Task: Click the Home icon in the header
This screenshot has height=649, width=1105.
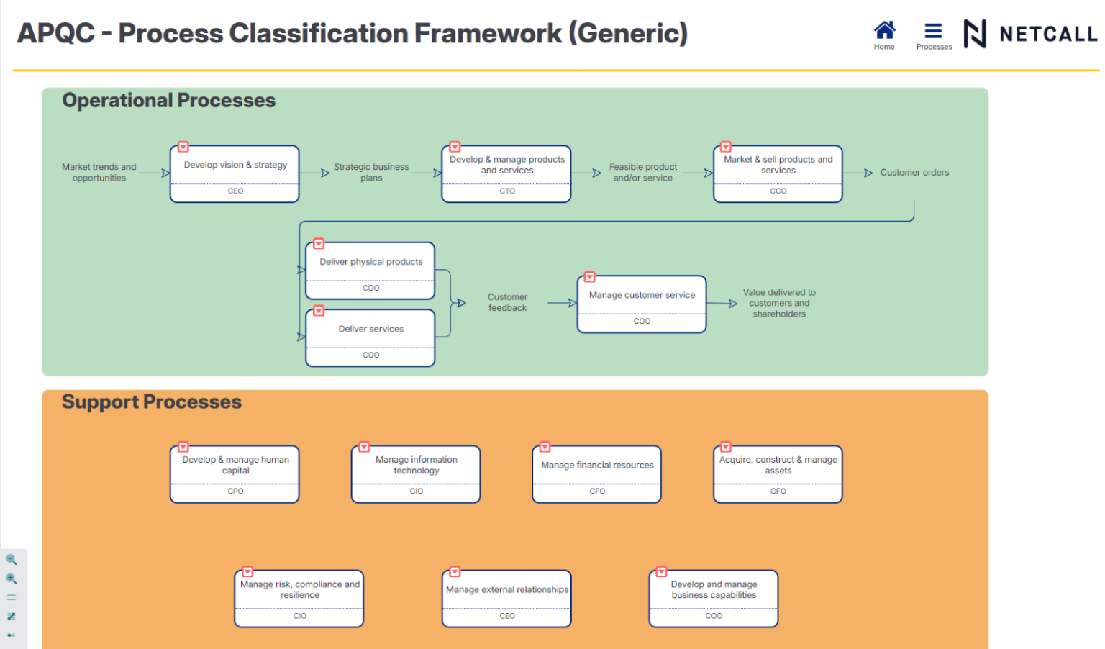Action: [884, 31]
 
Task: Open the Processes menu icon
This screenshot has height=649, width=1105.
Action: [933, 31]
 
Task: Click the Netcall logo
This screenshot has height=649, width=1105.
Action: [1030, 34]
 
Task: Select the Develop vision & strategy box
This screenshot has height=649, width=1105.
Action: [235, 165]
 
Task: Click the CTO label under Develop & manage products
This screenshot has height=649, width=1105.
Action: [507, 191]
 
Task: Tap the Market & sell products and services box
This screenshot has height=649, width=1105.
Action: [778, 165]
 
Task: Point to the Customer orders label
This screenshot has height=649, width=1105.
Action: [914, 173]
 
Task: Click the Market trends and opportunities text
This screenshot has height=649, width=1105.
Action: [99, 173]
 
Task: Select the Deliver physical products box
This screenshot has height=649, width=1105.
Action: [370, 263]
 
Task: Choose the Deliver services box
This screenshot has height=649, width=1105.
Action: [370, 330]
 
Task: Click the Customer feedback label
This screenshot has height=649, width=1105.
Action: [507, 302]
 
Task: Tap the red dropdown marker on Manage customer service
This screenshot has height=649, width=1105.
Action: [590, 277]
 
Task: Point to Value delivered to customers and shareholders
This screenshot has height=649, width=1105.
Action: [779, 303]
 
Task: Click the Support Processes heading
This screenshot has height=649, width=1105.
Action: [152, 402]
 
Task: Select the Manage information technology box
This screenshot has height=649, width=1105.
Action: [416, 466]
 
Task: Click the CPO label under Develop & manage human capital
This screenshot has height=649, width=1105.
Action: [235, 491]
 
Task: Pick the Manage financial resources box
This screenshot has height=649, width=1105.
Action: [597, 466]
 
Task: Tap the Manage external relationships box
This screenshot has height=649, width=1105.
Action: [507, 590]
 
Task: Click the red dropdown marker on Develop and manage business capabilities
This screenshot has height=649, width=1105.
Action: [661, 572]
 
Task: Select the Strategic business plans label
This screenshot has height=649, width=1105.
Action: [371, 173]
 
